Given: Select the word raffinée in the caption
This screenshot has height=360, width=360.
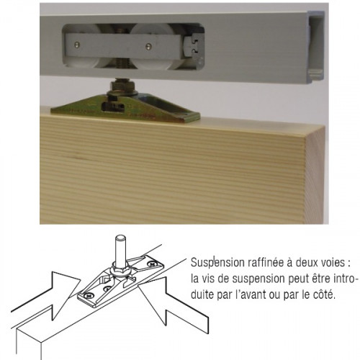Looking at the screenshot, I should pyautogui.click(x=262, y=261).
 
